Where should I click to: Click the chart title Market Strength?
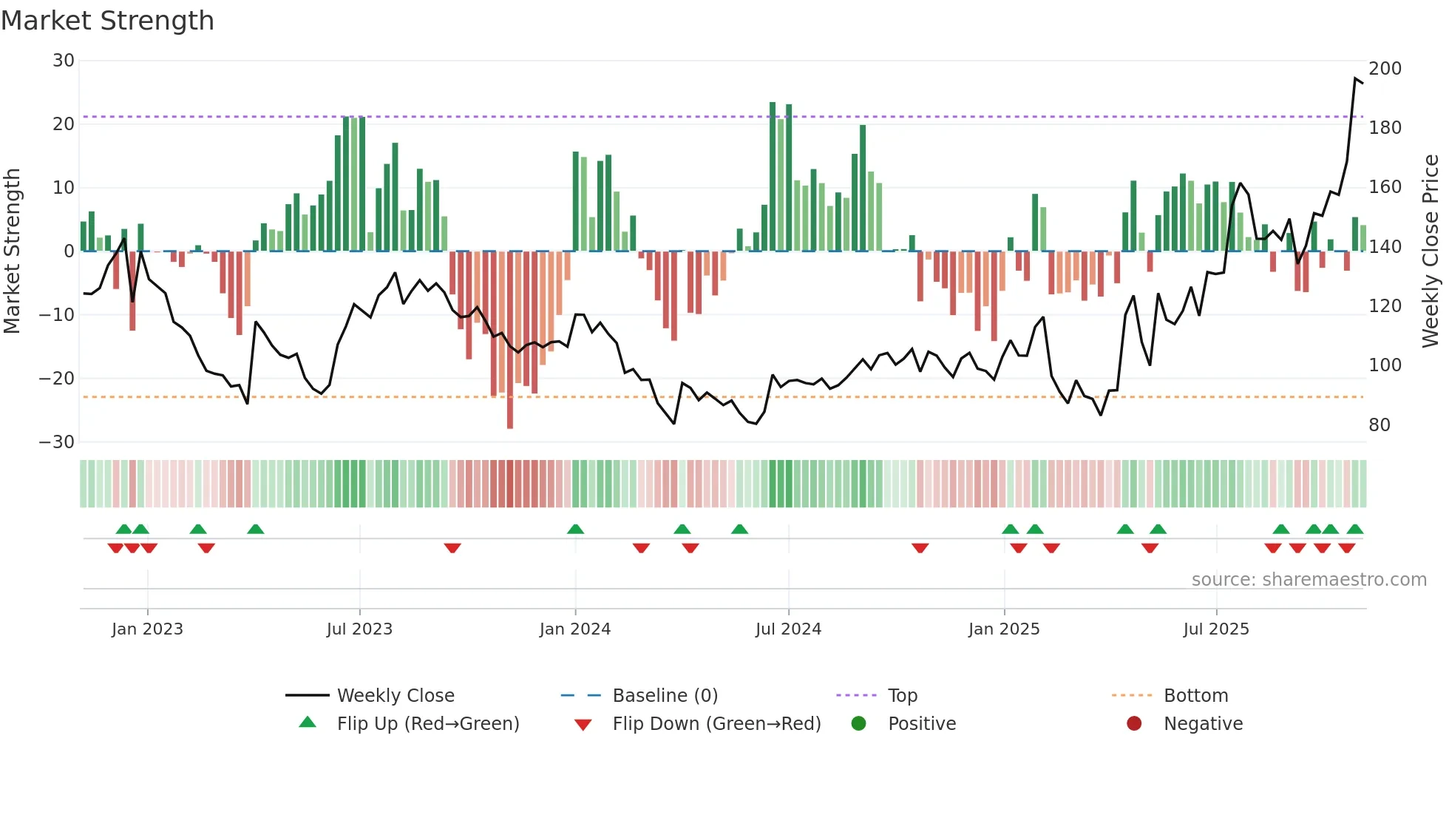click(107, 21)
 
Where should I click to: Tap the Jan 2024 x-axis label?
click(574, 629)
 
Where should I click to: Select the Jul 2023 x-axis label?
click(359, 629)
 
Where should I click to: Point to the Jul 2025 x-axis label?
click(1215, 629)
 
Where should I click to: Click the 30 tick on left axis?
click(64, 61)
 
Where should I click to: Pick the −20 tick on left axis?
click(57, 379)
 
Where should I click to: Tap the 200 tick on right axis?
click(1385, 69)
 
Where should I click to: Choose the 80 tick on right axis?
click(1379, 425)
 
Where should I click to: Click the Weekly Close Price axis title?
click(1431, 251)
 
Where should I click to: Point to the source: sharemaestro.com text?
click(1309, 580)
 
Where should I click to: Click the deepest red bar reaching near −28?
click(510, 340)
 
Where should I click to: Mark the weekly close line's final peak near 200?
click(1355, 78)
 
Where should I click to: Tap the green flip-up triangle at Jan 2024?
click(575, 529)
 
